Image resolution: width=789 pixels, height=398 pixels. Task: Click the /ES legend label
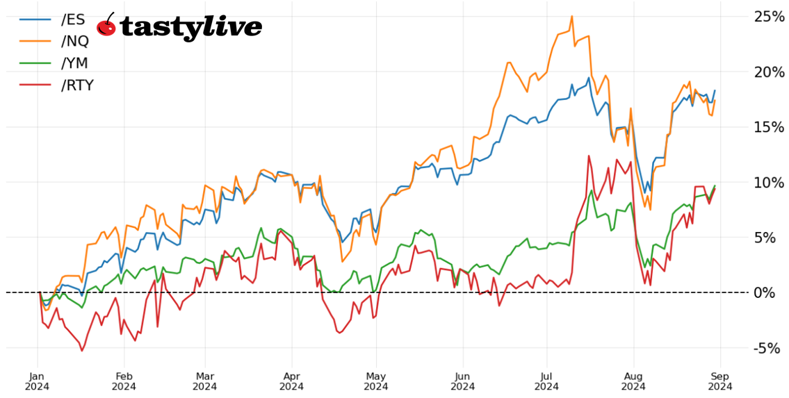pyautogui.click(x=74, y=19)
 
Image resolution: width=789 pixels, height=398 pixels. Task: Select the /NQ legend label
pyautogui.click(x=75, y=41)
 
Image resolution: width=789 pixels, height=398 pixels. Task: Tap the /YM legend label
pyautogui.click(x=75, y=63)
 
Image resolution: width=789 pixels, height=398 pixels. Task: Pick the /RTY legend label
pyautogui.click(x=77, y=85)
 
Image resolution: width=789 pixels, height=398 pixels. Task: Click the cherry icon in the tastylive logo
pyautogui.click(x=106, y=26)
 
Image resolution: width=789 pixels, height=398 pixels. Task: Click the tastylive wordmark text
pyautogui.click(x=191, y=27)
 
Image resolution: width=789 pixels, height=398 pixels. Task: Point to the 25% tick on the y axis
pyautogui.click(x=770, y=16)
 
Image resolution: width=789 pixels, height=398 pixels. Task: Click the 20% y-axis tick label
pyautogui.click(x=770, y=72)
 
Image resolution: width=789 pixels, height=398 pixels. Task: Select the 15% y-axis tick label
pyautogui.click(x=770, y=126)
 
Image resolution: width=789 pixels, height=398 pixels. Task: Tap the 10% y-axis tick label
pyautogui.click(x=770, y=182)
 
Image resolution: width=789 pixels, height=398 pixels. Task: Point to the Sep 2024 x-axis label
pyautogui.click(x=719, y=380)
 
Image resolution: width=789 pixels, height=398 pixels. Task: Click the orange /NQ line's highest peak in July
pyautogui.click(x=571, y=16)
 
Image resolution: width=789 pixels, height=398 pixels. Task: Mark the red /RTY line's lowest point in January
pyautogui.click(x=82, y=351)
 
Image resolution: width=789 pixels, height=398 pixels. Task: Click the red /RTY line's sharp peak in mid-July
pyautogui.click(x=589, y=156)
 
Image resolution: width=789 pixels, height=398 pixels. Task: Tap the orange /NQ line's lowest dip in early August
pyautogui.click(x=650, y=210)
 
